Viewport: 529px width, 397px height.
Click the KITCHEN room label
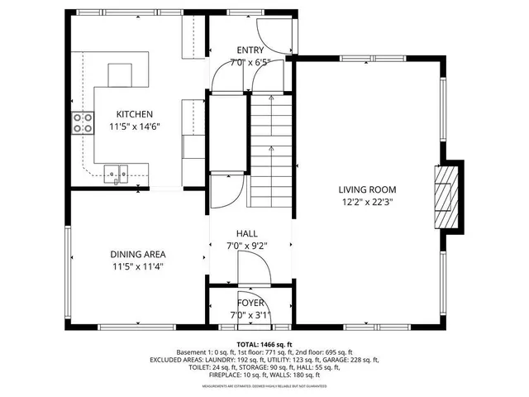pyautogui.click(x=134, y=114)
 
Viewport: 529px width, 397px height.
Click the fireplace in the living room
pyautogui.click(x=446, y=196)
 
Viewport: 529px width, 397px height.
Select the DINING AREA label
pyautogui.click(x=139, y=254)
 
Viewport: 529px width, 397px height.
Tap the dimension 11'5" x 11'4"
pyautogui.click(x=139, y=266)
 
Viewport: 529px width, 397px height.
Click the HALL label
pyautogui.click(x=248, y=233)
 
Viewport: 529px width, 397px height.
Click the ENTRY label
pyautogui.click(x=250, y=50)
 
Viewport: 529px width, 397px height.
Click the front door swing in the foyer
pyautogui.click(x=250, y=299)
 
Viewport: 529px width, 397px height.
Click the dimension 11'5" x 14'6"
pyautogui.click(x=134, y=127)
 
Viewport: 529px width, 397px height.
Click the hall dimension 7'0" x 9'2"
pyautogui.click(x=248, y=246)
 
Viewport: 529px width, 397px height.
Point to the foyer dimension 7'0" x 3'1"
pyautogui.click(x=249, y=315)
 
